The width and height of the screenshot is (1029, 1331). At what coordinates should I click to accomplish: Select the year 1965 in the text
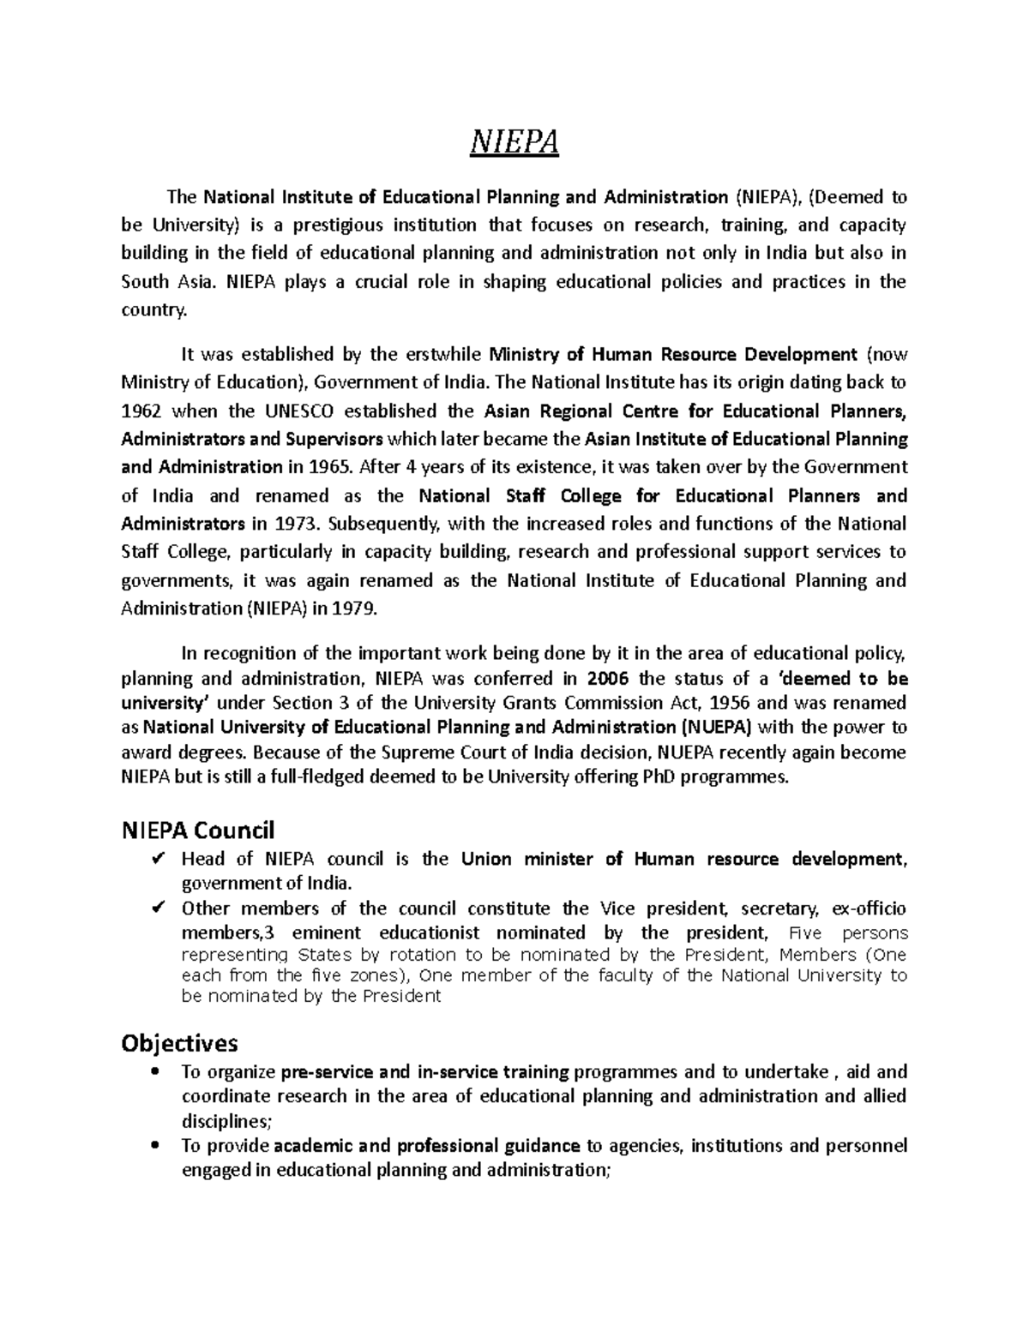point(332,467)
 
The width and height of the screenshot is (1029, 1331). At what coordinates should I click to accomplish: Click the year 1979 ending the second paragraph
point(355,609)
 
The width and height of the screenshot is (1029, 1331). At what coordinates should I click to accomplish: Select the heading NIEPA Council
point(198,830)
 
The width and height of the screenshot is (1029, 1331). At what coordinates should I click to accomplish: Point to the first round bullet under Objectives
point(154,1072)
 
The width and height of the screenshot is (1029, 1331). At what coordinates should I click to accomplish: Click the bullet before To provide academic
point(154,1146)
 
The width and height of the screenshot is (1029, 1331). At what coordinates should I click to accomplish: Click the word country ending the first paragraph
point(153,310)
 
